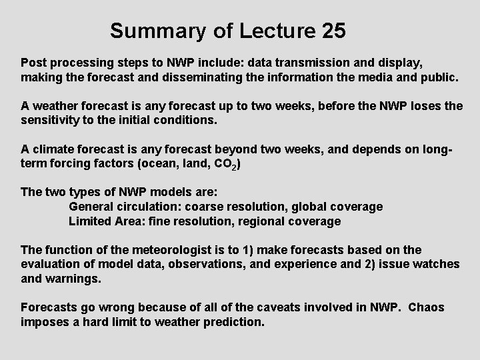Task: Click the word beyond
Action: [x=224, y=149]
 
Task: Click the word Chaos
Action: [x=426, y=307]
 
